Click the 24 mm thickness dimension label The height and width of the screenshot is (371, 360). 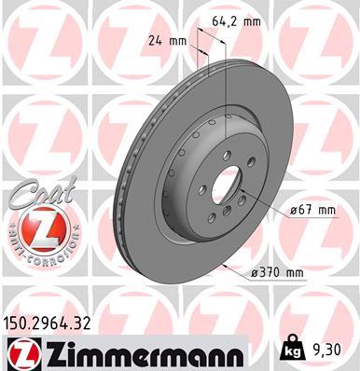point(168,41)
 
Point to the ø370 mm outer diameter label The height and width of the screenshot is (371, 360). point(279,272)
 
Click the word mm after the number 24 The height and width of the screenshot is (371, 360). point(178,41)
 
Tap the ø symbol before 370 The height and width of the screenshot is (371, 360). point(255,272)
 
